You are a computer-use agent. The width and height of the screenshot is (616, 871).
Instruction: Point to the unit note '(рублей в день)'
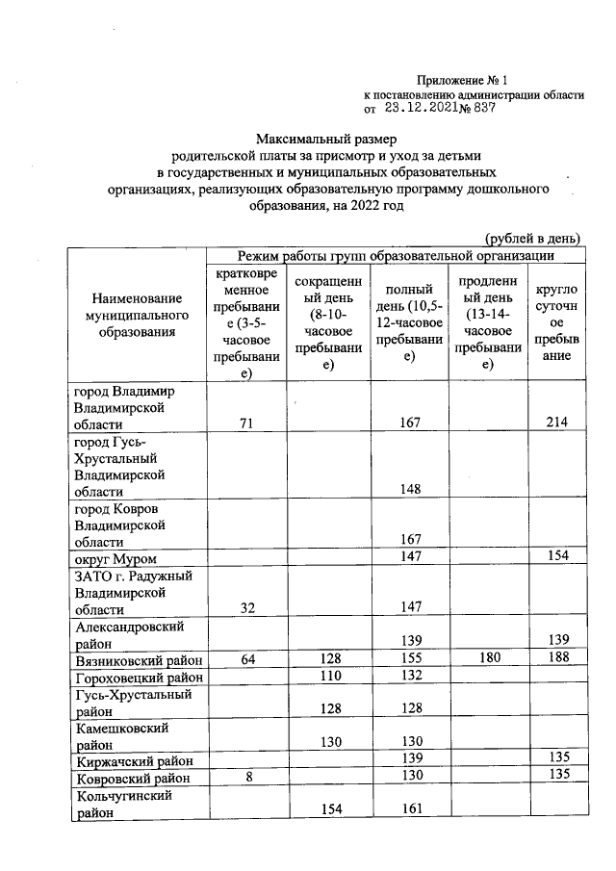coord(532,238)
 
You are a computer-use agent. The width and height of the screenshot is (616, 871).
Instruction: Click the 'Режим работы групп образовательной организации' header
coord(395,255)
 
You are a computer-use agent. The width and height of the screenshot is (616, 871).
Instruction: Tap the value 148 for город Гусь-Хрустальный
coord(408,490)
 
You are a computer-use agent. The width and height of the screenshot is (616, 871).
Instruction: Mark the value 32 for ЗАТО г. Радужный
coord(245,608)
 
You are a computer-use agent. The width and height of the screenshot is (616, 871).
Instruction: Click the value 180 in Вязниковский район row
coord(486,659)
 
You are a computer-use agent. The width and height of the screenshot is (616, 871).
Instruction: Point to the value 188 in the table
coord(556,659)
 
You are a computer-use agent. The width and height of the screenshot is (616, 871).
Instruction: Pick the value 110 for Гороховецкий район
coord(327,677)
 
